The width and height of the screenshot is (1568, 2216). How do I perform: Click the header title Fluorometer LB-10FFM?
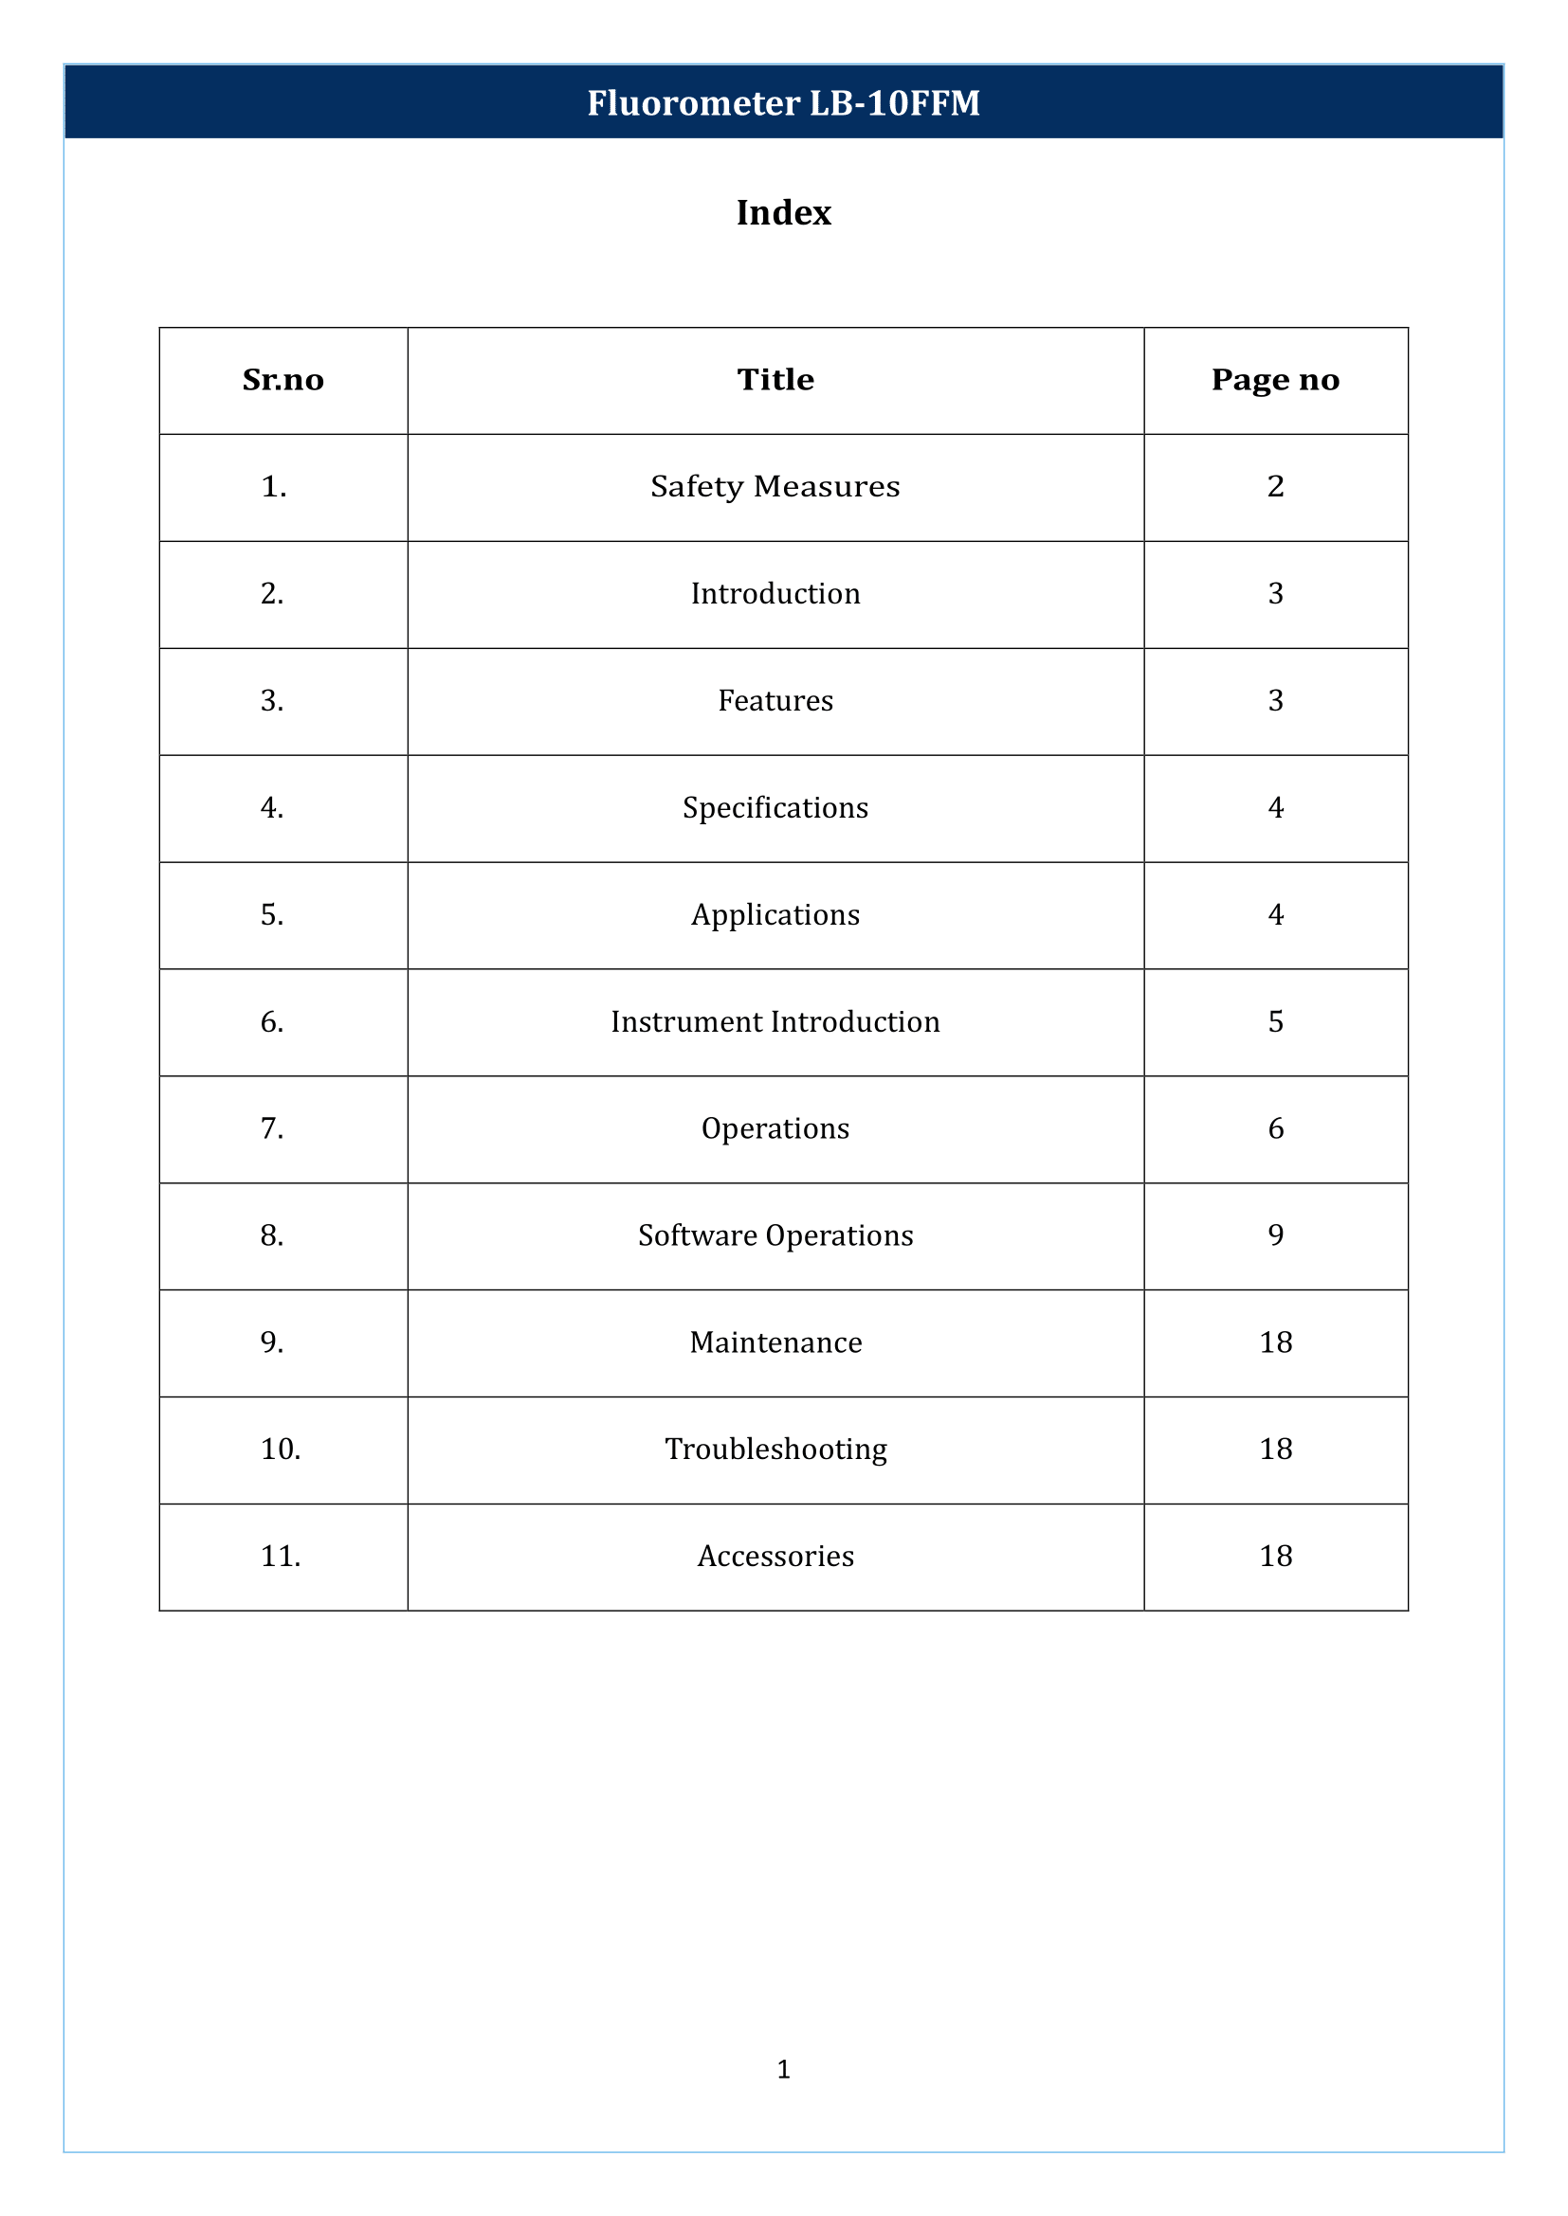point(783,102)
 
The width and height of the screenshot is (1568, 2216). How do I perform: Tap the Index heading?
point(783,212)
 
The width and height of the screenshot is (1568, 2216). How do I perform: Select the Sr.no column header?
point(283,380)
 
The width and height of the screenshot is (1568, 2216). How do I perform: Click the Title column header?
point(775,380)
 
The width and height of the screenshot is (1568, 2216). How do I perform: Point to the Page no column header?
point(1274,380)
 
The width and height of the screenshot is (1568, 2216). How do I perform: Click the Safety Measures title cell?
point(775,486)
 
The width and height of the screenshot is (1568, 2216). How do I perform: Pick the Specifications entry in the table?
point(775,808)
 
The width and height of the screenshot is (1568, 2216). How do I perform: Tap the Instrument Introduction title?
point(775,1022)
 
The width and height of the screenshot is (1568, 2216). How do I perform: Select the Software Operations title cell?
point(775,1235)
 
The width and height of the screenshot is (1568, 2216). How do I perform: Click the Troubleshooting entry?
point(775,1450)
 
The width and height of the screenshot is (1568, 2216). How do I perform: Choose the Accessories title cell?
point(775,1557)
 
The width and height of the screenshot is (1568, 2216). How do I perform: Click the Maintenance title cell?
point(775,1342)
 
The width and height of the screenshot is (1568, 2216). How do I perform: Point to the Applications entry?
point(775,915)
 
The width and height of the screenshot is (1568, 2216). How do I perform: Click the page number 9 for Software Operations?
point(1275,1235)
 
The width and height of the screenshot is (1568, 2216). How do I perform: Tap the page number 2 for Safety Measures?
point(1275,486)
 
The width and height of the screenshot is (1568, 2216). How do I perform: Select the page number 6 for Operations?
point(1275,1129)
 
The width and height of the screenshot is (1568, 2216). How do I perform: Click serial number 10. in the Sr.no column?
point(281,1450)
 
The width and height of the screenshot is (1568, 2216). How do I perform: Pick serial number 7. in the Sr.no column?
point(272,1129)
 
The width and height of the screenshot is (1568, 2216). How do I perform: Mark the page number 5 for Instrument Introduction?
point(1275,1022)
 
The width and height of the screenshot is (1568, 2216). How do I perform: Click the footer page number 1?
point(783,2069)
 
